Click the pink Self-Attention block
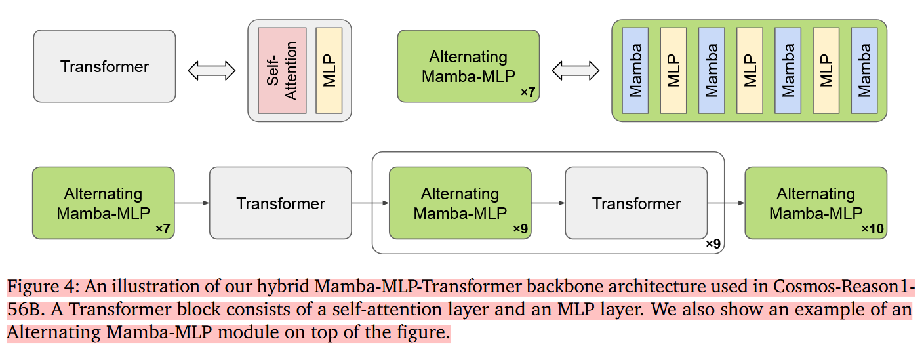[x=282, y=71]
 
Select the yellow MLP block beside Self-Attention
[x=329, y=71]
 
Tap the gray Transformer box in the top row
[x=104, y=66]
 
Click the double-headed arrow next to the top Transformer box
[x=211, y=71]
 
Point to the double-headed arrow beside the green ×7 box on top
[x=575, y=71]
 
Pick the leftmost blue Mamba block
[x=635, y=71]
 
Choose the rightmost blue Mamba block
[x=864, y=71]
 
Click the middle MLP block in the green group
[x=750, y=71]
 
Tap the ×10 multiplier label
[x=872, y=229]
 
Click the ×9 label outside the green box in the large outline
[x=713, y=244]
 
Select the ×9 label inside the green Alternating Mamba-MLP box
[x=520, y=229]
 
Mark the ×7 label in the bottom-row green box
[x=163, y=229]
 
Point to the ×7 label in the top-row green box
[x=528, y=92]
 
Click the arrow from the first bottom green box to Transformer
[x=191, y=203]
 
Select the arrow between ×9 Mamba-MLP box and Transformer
[x=548, y=203]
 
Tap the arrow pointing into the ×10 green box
[x=726, y=203]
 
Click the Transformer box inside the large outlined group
[x=636, y=203]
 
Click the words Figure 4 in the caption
[x=43, y=287]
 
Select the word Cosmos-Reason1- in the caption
[x=844, y=287]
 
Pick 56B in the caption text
[x=25, y=310]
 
